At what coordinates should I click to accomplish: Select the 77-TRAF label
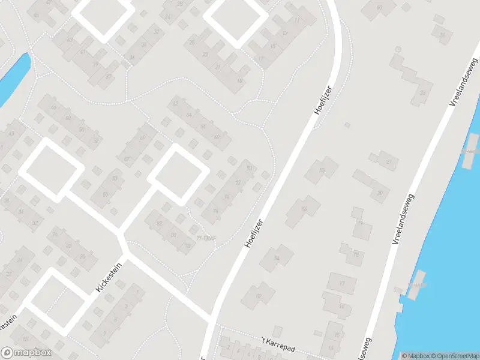click(205, 238)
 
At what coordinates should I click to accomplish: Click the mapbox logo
click(26, 353)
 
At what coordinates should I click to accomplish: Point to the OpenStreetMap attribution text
click(452, 356)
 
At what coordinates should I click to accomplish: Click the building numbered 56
click(304, 209)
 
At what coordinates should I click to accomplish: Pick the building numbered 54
click(277, 257)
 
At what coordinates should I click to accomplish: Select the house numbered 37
click(108, 76)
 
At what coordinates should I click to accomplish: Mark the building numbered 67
click(127, 158)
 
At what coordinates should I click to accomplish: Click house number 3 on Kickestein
click(125, 306)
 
